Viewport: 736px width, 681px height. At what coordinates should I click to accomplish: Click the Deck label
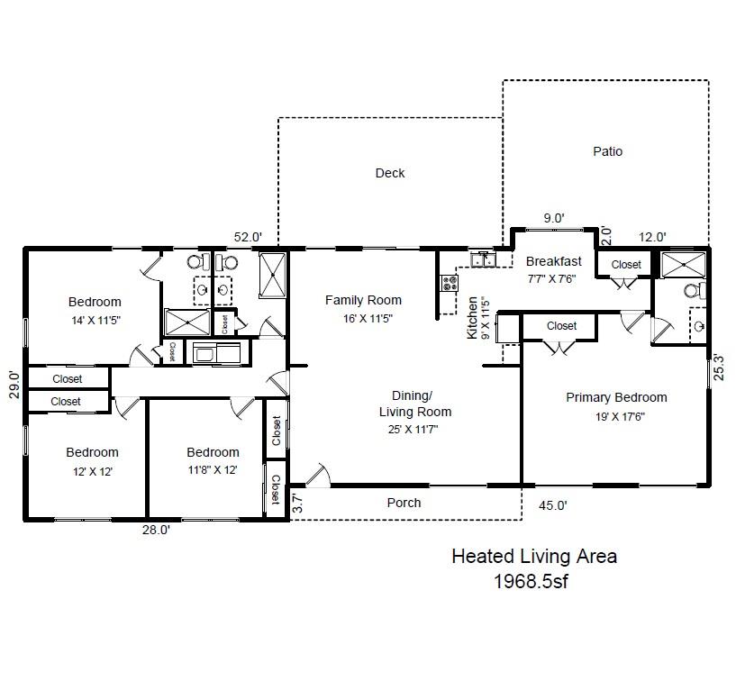coord(390,173)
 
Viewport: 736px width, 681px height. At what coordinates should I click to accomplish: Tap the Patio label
coord(607,151)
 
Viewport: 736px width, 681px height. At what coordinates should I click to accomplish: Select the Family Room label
coord(363,300)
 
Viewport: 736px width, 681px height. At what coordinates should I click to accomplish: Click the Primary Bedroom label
coord(616,397)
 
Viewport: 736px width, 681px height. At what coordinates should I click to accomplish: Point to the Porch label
coord(404,503)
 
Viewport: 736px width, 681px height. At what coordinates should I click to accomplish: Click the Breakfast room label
coord(553,261)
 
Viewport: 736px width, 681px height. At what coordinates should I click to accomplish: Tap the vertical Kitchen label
coord(471,318)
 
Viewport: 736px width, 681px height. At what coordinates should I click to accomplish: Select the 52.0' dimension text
coord(248,237)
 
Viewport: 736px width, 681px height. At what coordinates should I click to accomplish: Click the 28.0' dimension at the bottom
coord(156,531)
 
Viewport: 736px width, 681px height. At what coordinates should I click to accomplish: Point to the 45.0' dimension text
coord(553,505)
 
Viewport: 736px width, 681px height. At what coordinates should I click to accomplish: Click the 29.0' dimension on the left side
coord(13,385)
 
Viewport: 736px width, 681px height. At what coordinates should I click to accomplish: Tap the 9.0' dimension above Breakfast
coord(553,218)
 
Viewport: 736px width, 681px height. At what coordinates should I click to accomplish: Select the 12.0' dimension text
coord(652,237)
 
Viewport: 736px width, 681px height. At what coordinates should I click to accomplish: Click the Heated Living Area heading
coord(534,557)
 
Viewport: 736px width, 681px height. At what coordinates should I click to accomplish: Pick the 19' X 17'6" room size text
coord(616,416)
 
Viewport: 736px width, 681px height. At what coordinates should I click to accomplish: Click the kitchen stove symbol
coord(449,281)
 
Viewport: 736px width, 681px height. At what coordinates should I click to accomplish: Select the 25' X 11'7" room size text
coord(414,431)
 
